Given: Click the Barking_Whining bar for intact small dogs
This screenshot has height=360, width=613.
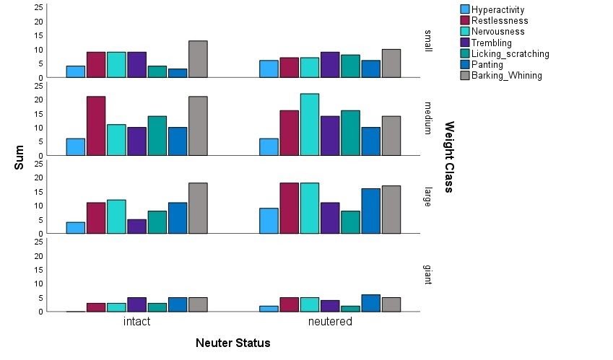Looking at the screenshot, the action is point(198,59).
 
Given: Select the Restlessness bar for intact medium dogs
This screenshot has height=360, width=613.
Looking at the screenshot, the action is point(96,126).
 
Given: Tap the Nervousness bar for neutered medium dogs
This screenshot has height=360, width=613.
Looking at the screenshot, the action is point(310,125).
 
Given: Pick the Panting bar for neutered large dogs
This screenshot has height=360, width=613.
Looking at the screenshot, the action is point(370,211).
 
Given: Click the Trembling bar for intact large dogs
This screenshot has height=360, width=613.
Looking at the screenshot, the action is point(137,227).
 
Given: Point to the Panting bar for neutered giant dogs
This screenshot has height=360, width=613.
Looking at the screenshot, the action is point(370,303).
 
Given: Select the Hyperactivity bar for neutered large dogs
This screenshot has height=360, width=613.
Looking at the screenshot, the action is point(269,221).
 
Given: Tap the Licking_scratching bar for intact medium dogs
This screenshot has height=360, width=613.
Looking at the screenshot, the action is point(157,136).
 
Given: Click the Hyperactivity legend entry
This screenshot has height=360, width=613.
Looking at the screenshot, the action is point(492,9).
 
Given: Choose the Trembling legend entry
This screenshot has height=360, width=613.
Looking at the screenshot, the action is point(487,43).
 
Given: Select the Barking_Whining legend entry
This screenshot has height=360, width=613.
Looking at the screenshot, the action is point(502,75).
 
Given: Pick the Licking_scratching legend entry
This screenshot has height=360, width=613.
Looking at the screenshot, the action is point(505,53).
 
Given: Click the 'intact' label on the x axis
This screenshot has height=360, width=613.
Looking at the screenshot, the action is point(137,321).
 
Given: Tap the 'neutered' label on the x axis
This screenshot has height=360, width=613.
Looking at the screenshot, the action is point(331,321).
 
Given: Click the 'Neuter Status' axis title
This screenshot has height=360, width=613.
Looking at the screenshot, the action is point(233,343).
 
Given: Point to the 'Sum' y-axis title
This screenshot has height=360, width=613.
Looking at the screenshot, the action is point(19,157).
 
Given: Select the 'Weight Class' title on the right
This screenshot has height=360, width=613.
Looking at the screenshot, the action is point(449,157).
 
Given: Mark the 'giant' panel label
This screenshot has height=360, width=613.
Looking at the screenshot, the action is point(428,274).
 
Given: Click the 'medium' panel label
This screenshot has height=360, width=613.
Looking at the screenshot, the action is point(428,118).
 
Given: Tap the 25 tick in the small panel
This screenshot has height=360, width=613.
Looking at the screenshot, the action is point(38,7).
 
